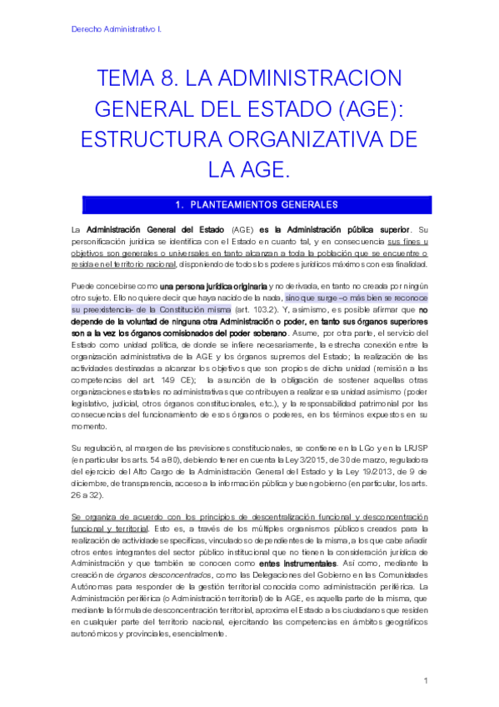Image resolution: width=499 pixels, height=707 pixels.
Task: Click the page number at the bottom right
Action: [425, 681]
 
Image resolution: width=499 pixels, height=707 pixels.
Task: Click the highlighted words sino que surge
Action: [306, 297]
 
